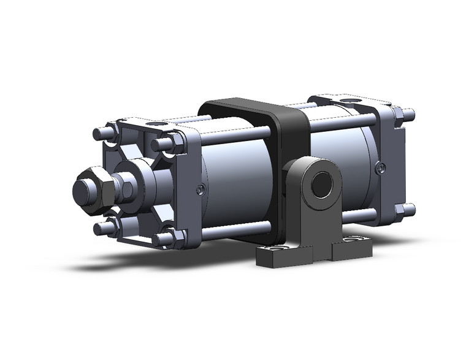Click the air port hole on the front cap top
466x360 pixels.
tap(154, 124)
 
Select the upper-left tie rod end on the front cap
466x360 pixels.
tap(101, 134)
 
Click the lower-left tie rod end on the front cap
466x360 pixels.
tap(101, 229)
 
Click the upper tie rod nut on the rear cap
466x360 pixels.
tap(405, 115)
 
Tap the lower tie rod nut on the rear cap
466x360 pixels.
tap(405, 210)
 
